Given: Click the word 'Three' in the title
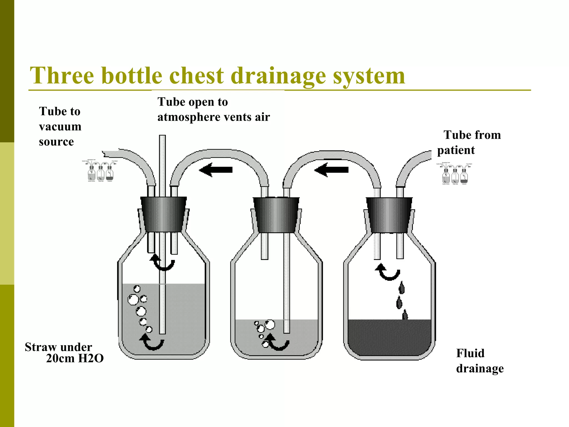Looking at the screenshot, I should click(62, 76).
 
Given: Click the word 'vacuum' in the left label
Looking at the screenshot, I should click(60, 127).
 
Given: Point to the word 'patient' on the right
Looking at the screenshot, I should click(456, 150).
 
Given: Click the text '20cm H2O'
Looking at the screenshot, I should click(75, 359).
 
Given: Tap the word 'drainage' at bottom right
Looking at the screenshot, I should click(480, 369).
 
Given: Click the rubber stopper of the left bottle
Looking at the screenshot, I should click(163, 214).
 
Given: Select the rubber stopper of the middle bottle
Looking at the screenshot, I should click(276, 215).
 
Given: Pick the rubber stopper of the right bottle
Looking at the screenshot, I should click(389, 215).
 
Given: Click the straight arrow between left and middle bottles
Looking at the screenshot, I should click(216, 170).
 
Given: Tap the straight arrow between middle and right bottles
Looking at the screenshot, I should click(331, 170).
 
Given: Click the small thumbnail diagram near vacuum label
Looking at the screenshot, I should click(100, 170).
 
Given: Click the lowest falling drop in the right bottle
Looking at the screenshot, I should click(405, 315).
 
